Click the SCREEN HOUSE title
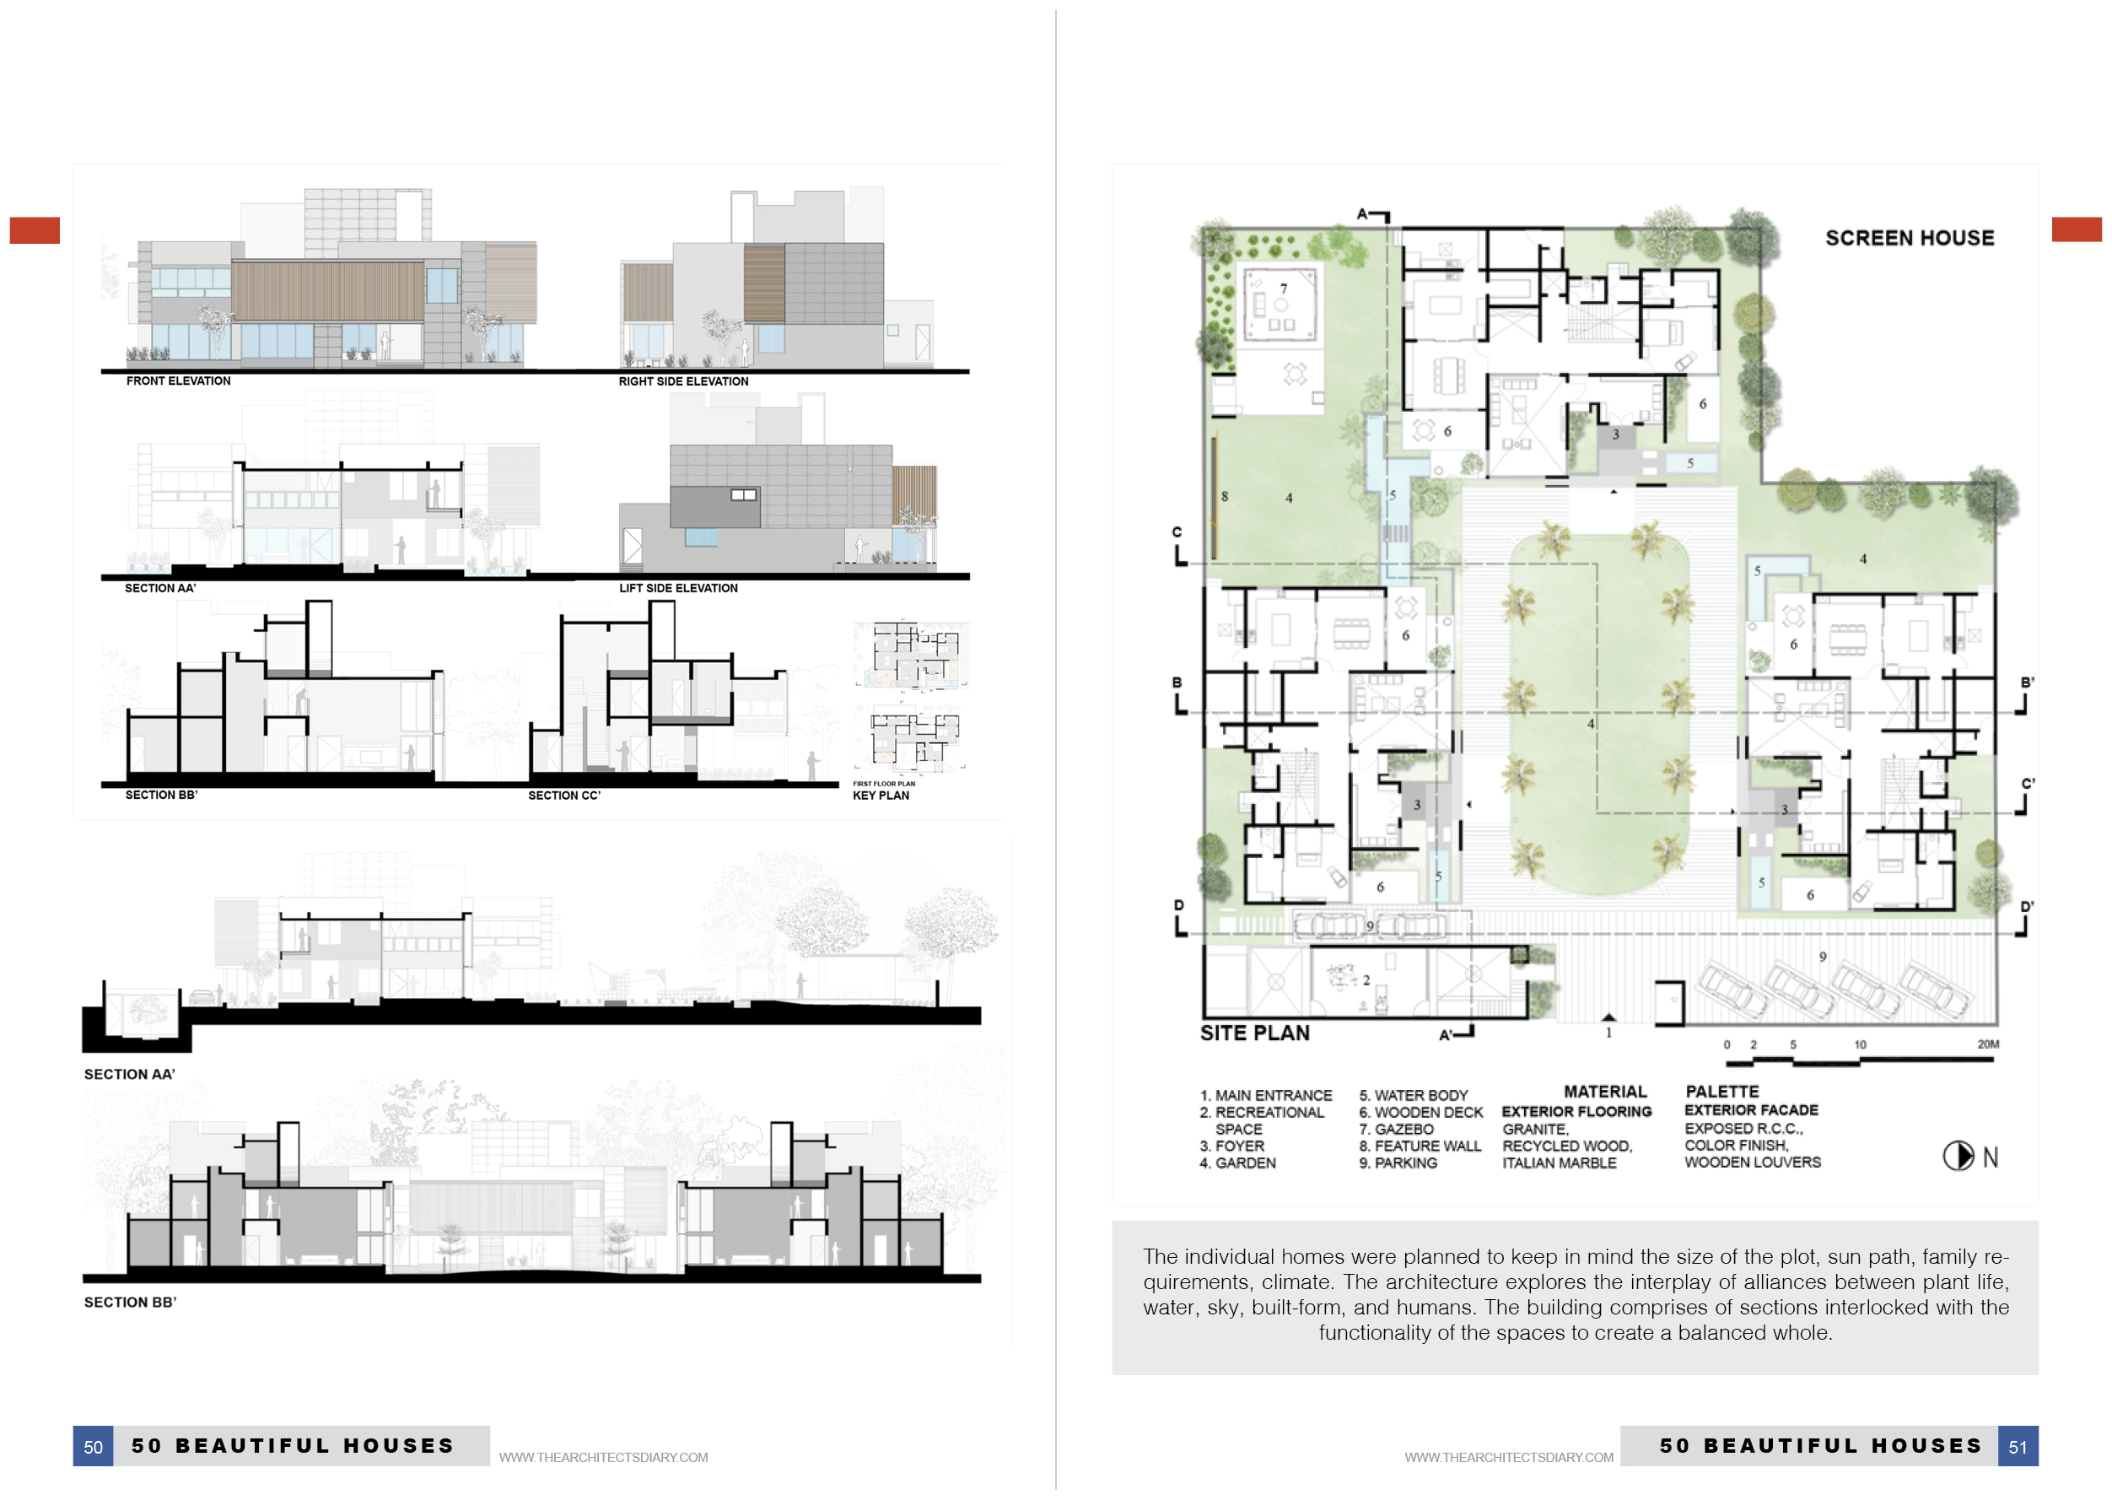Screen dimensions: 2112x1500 point(1909,237)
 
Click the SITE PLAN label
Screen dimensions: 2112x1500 point(1254,1033)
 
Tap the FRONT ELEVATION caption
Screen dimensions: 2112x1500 point(178,380)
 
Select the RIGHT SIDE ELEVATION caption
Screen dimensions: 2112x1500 point(683,381)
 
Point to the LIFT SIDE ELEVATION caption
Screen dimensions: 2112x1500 point(678,588)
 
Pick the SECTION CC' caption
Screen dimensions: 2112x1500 point(564,796)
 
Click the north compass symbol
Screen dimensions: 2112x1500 point(1958,1156)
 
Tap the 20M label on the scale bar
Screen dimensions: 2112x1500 point(1987,1044)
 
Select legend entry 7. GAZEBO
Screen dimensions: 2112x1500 point(1396,1129)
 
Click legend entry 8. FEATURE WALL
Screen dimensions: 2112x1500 point(1420,1147)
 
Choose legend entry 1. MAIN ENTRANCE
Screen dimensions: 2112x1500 point(1265,1095)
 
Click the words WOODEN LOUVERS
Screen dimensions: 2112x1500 point(1752,1162)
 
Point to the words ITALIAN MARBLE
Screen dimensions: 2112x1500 point(1559,1163)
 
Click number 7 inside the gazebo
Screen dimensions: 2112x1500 point(1283,289)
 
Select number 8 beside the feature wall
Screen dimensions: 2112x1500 point(1225,496)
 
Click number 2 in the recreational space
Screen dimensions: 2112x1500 point(1366,980)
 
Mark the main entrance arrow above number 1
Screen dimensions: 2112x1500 point(1608,1017)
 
